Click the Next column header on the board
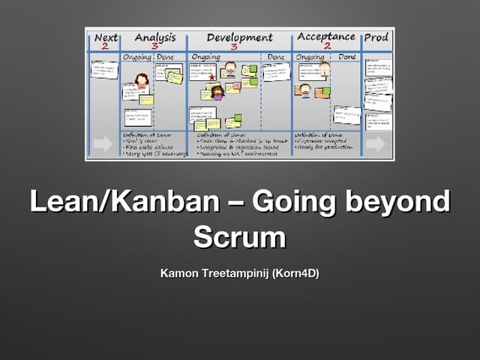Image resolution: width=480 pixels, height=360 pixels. (106, 37)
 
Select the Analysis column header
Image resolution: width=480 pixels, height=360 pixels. (154, 37)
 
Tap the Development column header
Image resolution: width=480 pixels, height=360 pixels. (239, 37)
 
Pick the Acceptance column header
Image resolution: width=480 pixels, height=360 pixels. (327, 36)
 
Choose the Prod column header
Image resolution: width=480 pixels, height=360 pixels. (376, 37)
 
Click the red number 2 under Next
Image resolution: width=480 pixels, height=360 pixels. (105, 46)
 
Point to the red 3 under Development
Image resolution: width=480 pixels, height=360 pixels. (234, 46)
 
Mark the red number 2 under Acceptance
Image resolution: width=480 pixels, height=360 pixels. (327, 46)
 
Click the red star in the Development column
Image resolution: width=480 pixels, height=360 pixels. (212, 76)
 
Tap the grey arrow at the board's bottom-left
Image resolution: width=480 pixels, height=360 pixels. (103, 144)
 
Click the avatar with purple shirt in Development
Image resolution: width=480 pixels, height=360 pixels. (218, 92)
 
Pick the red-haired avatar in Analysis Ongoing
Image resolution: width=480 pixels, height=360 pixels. (141, 80)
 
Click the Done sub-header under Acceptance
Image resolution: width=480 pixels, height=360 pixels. (346, 56)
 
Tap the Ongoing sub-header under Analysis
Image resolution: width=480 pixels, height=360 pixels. (137, 57)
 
